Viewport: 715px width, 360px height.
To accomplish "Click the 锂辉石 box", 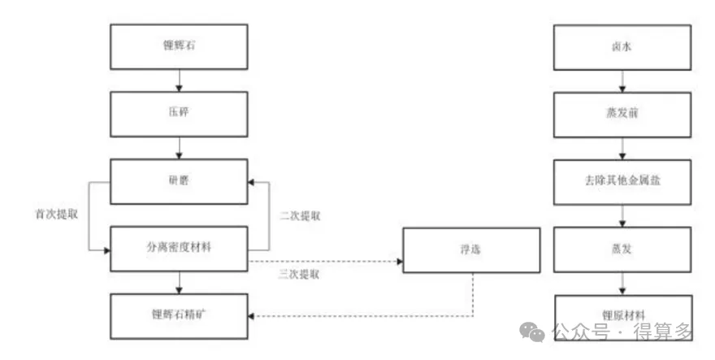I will click(178, 47).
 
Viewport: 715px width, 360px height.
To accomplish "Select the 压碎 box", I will click(178, 114).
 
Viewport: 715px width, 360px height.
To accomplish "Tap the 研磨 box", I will click(178, 181).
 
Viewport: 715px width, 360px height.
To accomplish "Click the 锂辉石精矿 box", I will click(178, 315).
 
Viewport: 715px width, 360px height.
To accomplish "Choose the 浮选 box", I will click(471, 249).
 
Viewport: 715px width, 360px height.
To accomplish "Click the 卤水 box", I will click(622, 47).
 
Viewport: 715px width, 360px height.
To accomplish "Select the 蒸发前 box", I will click(622, 114).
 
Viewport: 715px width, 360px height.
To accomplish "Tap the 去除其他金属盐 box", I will click(622, 181).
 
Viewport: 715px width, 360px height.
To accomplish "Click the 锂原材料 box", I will click(622, 315).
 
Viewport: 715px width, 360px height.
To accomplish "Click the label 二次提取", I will click(301, 216).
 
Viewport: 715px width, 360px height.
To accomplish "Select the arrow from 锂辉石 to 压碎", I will click(178, 80).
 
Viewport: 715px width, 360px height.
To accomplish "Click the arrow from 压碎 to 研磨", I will click(178, 147).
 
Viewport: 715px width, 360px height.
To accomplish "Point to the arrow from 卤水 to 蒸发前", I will click(622, 80).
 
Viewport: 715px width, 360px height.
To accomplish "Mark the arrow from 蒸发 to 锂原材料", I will click(622, 283).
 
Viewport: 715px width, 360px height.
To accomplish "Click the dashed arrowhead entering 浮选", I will click(398, 262).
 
